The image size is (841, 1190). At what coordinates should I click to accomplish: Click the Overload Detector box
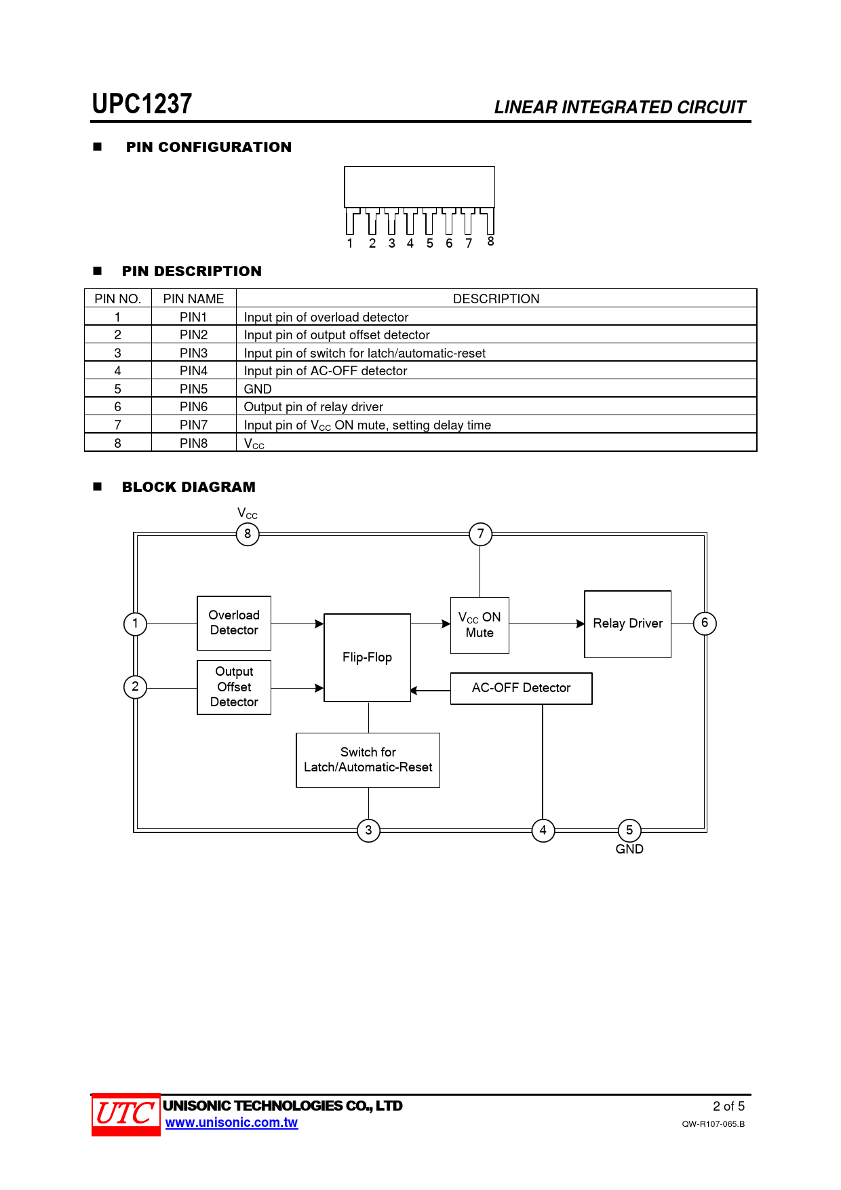(234, 623)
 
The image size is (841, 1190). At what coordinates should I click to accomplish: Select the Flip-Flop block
(367, 657)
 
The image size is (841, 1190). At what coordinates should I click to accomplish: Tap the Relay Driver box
(627, 623)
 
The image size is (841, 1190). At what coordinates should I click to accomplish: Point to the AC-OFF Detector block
(521, 688)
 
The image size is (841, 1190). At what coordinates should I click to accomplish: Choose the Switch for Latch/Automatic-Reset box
(368, 760)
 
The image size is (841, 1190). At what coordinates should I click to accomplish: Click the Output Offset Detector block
(234, 687)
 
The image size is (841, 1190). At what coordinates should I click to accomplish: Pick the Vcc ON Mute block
(480, 625)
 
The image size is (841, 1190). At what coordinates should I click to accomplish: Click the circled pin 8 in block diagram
(248, 534)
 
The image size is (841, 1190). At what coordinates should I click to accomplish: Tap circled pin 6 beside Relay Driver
(705, 623)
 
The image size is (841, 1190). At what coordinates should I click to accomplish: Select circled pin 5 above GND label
(629, 830)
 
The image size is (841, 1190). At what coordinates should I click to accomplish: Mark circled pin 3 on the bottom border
(368, 830)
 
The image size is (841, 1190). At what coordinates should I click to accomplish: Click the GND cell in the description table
(258, 389)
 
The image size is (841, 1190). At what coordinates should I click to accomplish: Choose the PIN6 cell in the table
(193, 407)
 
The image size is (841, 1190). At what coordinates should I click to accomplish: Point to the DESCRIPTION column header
(496, 299)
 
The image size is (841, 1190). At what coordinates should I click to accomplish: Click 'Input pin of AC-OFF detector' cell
(326, 371)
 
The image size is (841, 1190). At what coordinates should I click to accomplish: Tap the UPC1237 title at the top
(142, 104)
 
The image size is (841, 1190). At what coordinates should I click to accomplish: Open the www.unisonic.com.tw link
(231, 1123)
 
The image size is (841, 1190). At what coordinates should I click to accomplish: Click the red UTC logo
(125, 1114)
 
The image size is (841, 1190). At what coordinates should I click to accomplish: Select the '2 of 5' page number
(728, 1107)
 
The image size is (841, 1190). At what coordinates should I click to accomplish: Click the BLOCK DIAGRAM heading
(189, 487)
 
